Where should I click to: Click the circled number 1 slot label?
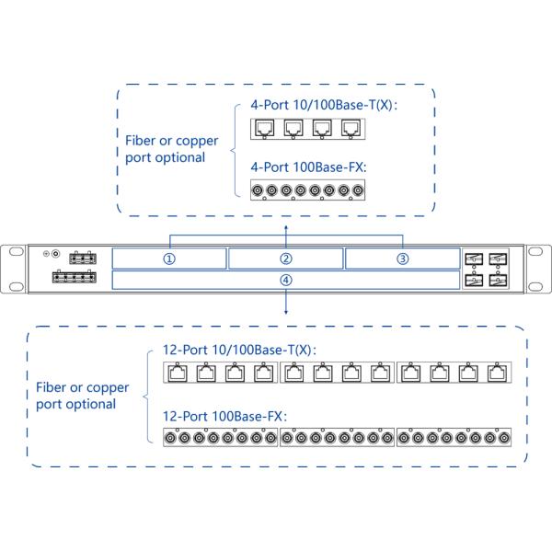(x=169, y=259)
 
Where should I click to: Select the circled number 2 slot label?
(x=286, y=259)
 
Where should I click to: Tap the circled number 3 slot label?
(x=402, y=259)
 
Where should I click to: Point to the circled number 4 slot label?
(x=286, y=280)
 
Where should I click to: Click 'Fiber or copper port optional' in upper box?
(x=172, y=149)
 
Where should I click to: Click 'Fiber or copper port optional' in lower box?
(x=82, y=396)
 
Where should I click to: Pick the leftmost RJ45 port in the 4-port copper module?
(x=264, y=130)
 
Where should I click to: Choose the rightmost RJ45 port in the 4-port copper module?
(x=351, y=130)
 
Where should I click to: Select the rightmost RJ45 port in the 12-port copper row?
(x=498, y=373)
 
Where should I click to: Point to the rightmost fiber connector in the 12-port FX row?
(x=504, y=439)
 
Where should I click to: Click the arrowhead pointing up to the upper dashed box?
(x=286, y=224)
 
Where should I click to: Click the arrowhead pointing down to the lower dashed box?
(x=286, y=310)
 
